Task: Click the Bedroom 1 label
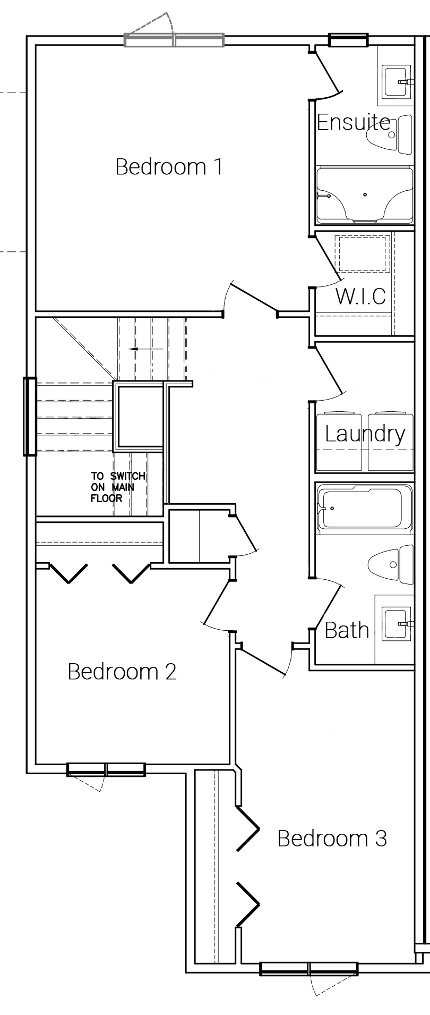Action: click(169, 167)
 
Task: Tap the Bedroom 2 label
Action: click(122, 672)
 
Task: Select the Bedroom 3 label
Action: click(332, 839)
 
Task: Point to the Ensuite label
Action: click(354, 122)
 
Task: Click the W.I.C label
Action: click(360, 296)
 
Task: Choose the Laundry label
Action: click(365, 434)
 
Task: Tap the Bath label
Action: click(347, 630)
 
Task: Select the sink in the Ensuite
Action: click(397, 82)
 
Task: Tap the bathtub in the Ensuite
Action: click(364, 195)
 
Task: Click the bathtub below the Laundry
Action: click(364, 508)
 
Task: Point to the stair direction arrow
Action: click(146, 349)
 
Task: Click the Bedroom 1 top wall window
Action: click(174, 40)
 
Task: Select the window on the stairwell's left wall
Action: click(30, 417)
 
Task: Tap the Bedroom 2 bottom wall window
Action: click(106, 769)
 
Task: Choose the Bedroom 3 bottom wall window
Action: click(309, 969)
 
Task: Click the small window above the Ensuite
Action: click(348, 40)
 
